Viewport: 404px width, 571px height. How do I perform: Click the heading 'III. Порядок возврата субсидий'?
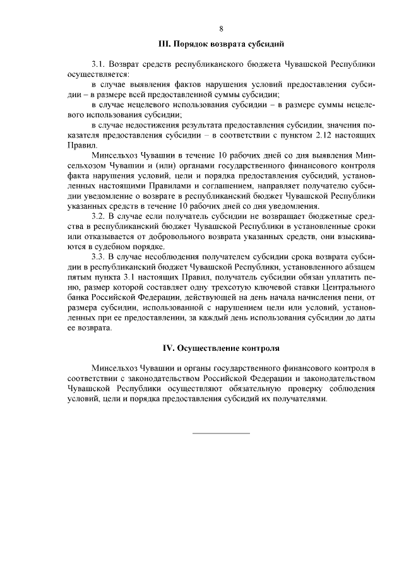point(221,44)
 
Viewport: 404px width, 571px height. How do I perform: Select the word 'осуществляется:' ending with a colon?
point(97,74)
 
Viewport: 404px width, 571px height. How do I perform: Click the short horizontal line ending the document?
point(221,433)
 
